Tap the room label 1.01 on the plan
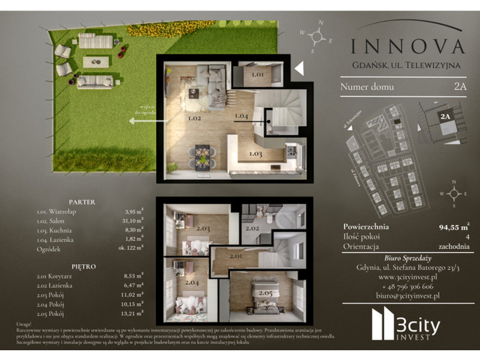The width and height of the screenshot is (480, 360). coord(256,75)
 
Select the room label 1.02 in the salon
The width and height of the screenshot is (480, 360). coord(174,118)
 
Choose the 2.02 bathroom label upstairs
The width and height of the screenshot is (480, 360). coord(252,227)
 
